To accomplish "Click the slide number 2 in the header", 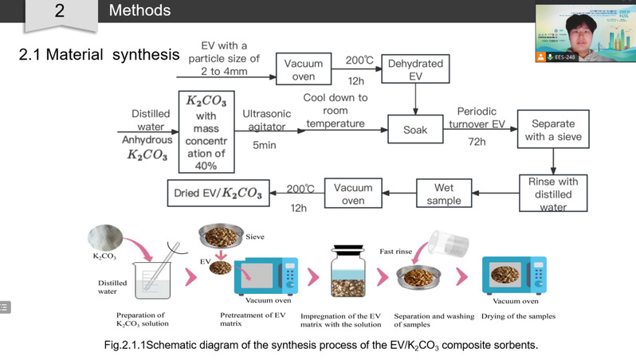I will point(59,11).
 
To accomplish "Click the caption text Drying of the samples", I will point(518,316).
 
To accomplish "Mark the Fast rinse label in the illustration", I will point(396,250).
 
